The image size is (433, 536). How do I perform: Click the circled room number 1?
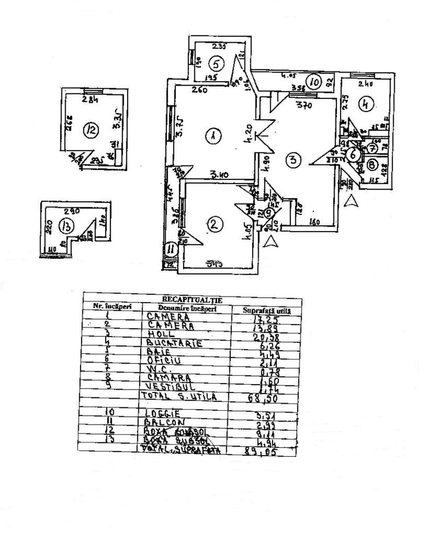[x=211, y=136]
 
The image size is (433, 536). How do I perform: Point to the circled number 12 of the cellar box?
[x=91, y=130]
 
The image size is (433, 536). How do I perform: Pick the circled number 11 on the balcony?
[x=171, y=248]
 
